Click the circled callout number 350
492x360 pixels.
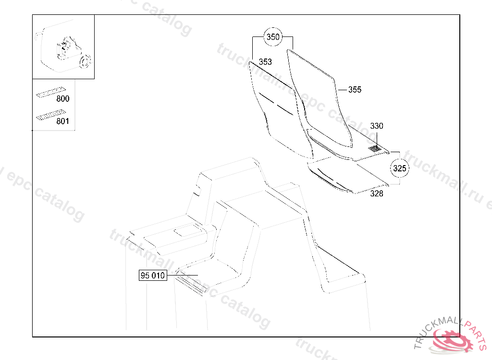[273, 37]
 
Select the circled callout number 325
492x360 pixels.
[400, 168]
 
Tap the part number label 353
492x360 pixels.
[265, 62]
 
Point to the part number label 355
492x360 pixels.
[355, 90]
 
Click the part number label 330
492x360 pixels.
[377, 126]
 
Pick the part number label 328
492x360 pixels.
[377, 194]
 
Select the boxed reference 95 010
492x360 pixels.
[153, 276]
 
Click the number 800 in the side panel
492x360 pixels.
[62, 99]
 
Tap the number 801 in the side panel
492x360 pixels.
[62, 121]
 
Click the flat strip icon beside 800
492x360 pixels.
[49, 92]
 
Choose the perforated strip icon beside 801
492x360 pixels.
[49, 115]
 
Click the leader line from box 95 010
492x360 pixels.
[183, 276]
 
